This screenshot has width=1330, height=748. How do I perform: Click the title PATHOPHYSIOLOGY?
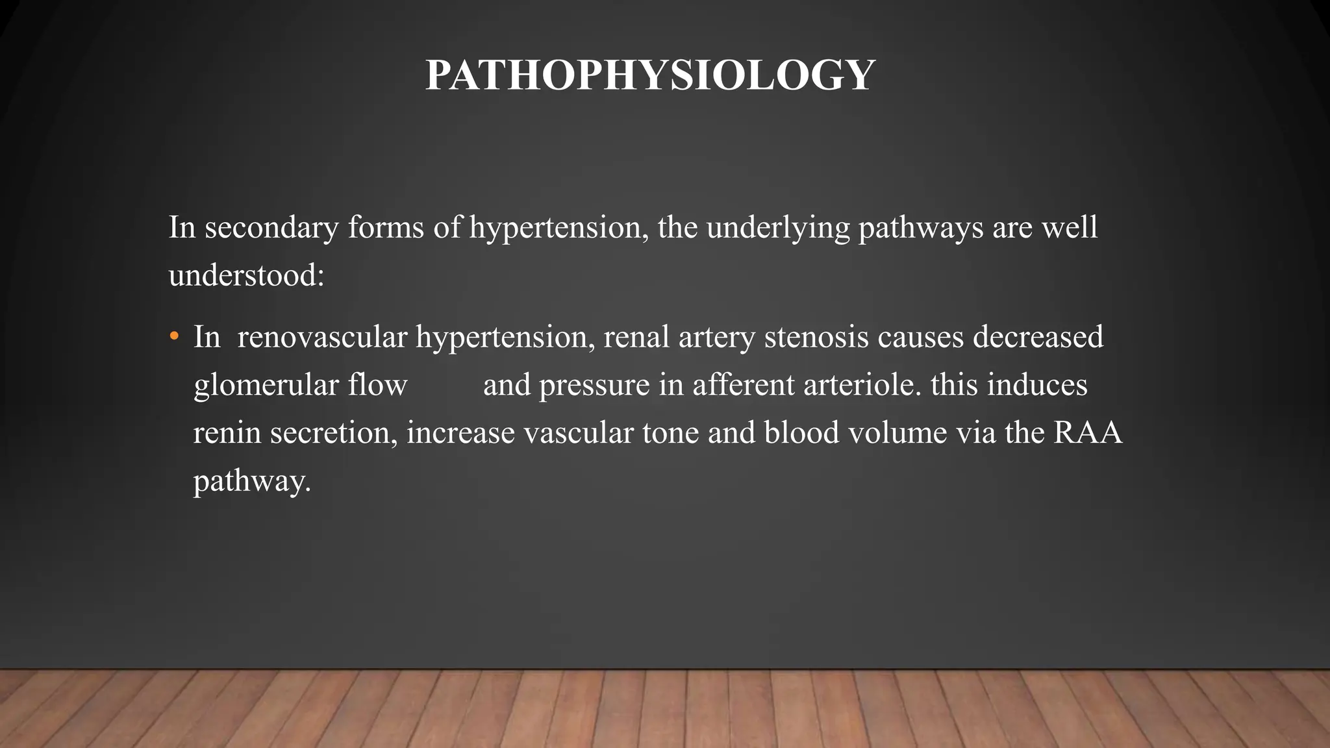pos(650,75)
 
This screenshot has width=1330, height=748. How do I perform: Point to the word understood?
pos(245,275)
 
